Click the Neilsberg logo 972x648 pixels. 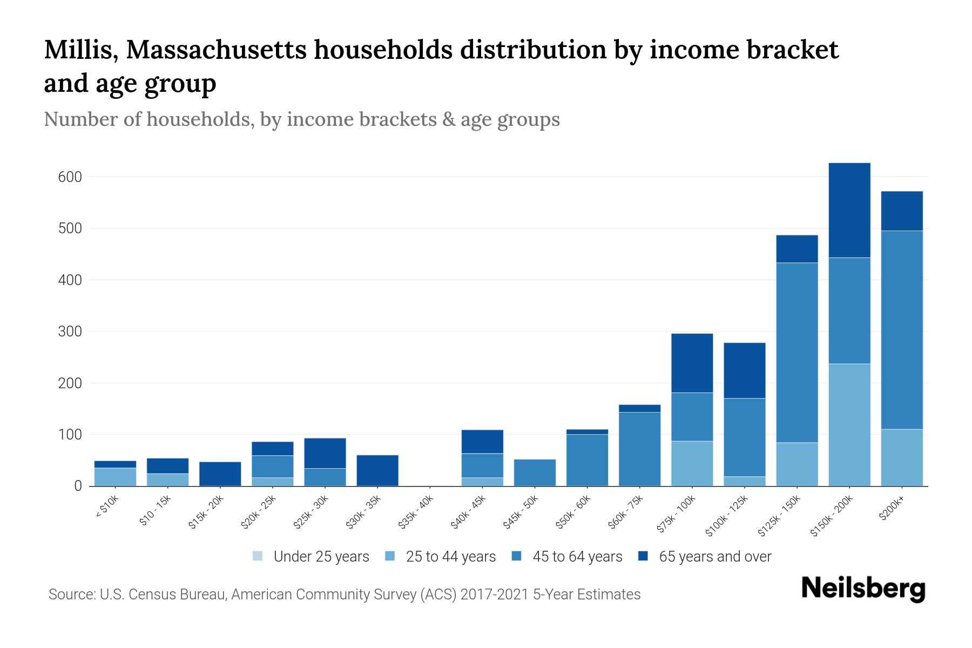click(863, 589)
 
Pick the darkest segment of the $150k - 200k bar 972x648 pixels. click(849, 210)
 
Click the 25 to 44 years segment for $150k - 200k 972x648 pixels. click(849, 424)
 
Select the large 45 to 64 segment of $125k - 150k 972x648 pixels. click(797, 352)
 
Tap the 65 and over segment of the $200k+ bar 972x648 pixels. click(902, 211)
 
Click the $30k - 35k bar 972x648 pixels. click(377, 470)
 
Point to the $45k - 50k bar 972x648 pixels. click(535, 473)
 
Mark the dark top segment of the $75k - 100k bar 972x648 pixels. click(692, 363)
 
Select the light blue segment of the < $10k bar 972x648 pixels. click(115, 477)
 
